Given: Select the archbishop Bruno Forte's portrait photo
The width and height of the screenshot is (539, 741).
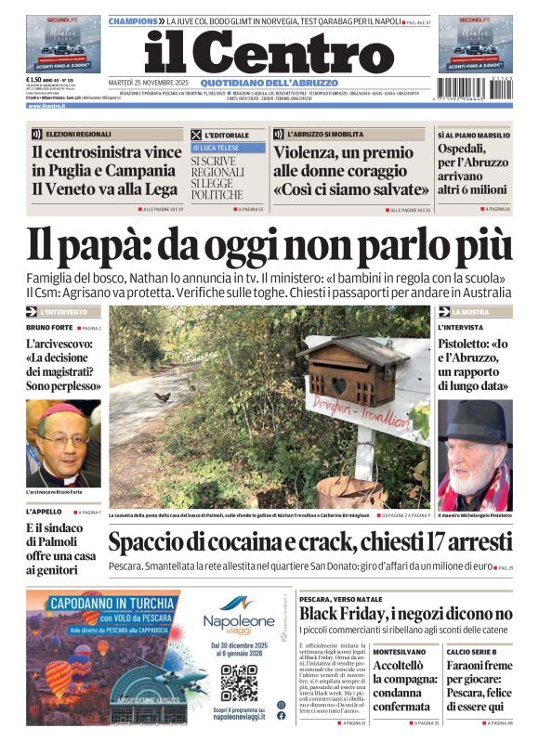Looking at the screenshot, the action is point(63,444).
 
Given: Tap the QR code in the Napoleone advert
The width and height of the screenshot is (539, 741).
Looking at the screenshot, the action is point(239,682).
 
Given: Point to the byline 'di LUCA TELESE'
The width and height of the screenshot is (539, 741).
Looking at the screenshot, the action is point(217,148).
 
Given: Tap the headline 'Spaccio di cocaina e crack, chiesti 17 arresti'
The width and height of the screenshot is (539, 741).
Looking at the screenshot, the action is point(309,542).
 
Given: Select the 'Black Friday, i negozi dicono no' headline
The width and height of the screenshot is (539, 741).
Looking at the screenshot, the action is point(405,614).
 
